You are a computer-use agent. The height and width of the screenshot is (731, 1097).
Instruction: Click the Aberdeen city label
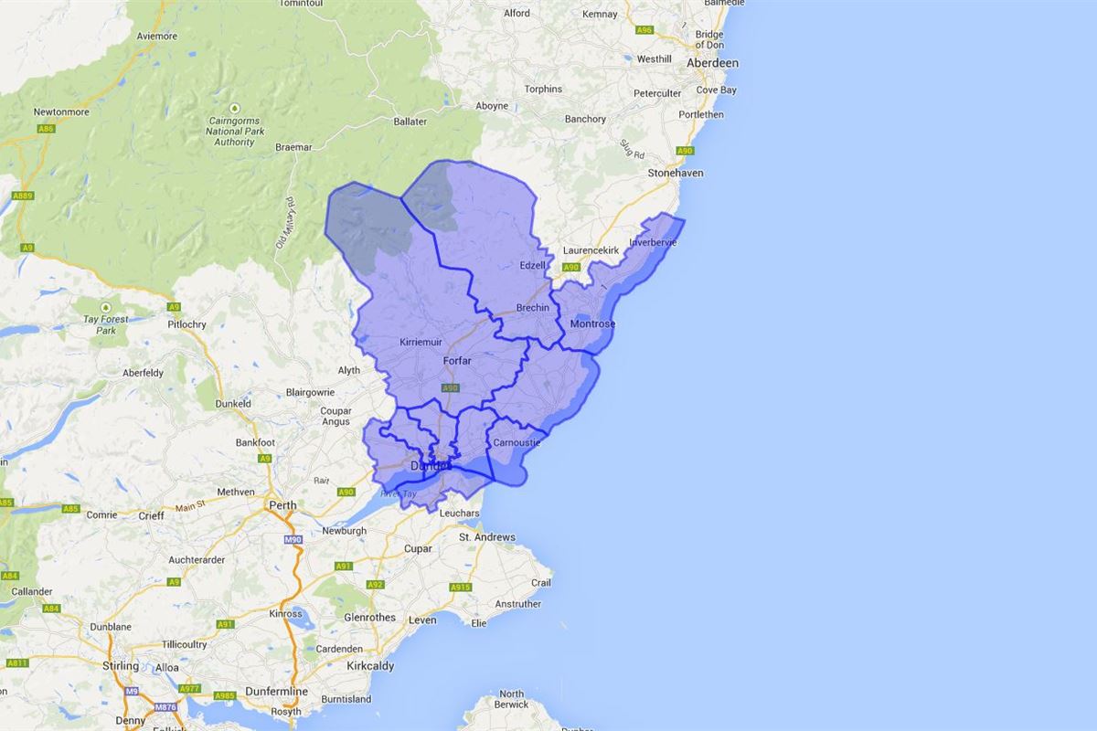[x=712, y=63]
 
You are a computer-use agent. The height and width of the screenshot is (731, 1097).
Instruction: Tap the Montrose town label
[x=591, y=324]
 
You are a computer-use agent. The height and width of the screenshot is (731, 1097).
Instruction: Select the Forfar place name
[x=457, y=361]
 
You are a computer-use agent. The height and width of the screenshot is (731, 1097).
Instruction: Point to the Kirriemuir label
[x=421, y=342]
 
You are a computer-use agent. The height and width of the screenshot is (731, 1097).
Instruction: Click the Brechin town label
[x=533, y=308]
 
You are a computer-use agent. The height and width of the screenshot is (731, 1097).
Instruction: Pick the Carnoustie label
[x=517, y=443]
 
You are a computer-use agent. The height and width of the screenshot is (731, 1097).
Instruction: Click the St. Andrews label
[x=487, y=537]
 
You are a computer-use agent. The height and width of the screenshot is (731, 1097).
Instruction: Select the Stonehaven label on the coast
[x=676, y=173]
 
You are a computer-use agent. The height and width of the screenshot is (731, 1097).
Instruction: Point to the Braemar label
[x=293, y=147]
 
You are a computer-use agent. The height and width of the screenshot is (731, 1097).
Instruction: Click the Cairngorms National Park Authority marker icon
[x=234, y=108]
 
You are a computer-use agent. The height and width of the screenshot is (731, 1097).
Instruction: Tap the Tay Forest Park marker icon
[x=105, y=307]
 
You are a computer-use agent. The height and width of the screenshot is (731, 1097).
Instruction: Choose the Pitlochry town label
[x=187, y=324]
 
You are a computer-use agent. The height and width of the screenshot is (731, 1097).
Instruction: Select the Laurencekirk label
[x=591, y=250]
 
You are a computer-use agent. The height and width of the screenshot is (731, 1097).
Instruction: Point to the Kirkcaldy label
[x=370, y=666]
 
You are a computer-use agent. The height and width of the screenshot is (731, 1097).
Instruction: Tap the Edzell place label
[x=531, y=265]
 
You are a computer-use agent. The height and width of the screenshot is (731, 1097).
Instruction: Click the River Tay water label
[x=399, y=493]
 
